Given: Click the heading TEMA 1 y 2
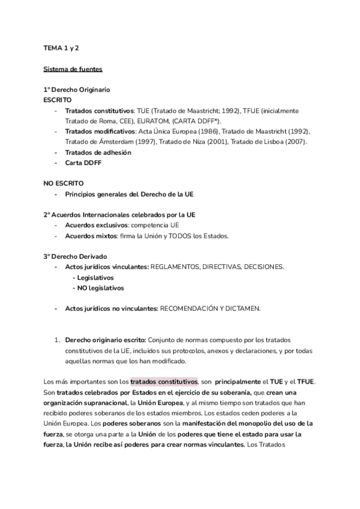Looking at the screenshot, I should pyautogui.click(x=61, y=48).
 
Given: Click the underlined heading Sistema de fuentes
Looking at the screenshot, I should pyautogui.click(x=72, y=69).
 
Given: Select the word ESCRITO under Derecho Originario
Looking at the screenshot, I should pyautogui.click(x=58, y=100).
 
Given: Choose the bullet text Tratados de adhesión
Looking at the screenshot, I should pyautogui.click(x=98, y=152).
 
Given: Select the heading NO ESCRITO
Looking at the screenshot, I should pyautogui.click(x=64, y=183).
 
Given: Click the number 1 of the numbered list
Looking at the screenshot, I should pyautogui.click(x=56, y=340).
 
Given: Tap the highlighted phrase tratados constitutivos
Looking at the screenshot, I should pyautogui.click(x=164, y=381).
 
